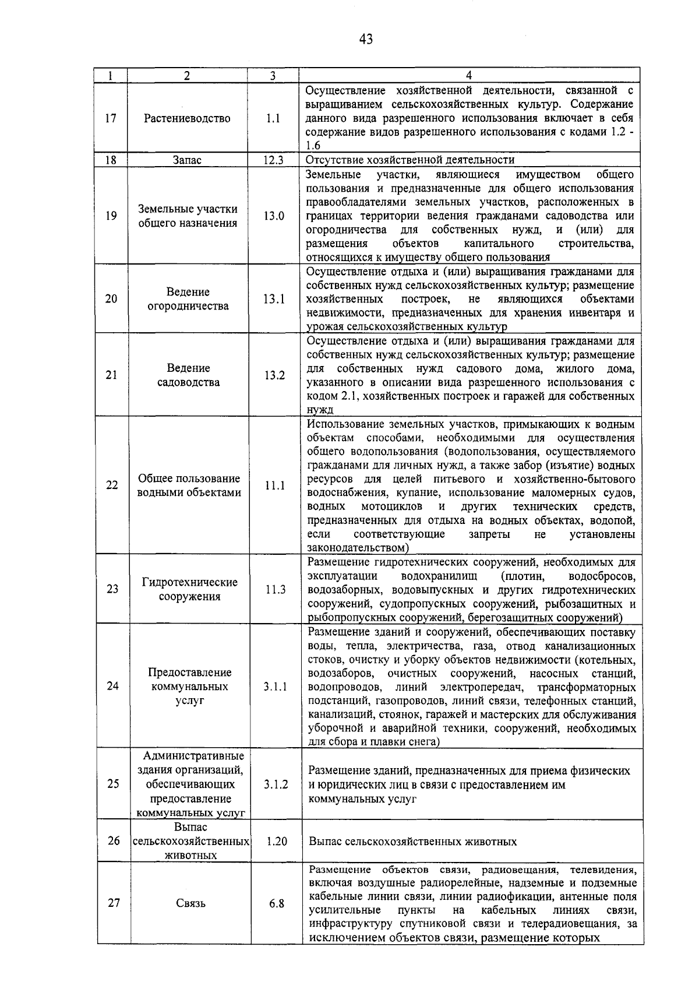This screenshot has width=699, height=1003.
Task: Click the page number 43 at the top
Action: coord(365,39)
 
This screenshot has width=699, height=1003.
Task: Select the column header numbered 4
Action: coord(469,76)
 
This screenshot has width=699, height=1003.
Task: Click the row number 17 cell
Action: coord(111,118)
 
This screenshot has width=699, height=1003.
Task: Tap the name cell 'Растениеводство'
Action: coord(188,118)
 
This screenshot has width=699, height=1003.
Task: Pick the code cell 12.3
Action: coord(273,160)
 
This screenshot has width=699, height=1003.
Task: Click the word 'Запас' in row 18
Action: coord(187,160)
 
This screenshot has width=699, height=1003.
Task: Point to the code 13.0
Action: coord(273,216)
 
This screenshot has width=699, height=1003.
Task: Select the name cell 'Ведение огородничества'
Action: coord(188,299)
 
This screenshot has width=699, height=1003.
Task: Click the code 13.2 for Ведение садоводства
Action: coord(274,375)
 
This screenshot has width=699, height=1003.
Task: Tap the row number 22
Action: coord(112,485)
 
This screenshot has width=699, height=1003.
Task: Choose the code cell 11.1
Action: coord(275,485)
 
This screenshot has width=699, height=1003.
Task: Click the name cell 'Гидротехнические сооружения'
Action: coord(190,589)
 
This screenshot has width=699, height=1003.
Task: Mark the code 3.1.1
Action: coord(275,687)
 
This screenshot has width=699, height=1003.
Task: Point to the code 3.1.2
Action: coord(276,784)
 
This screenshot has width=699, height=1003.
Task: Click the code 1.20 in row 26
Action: coord(276,842)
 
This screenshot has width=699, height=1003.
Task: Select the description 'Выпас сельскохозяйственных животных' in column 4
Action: coord(413,842)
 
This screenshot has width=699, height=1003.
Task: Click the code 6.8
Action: coord(277,903)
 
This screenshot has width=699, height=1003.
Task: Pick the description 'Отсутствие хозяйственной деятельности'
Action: coord(410,160)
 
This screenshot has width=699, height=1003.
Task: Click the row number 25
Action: coord(113,784)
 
